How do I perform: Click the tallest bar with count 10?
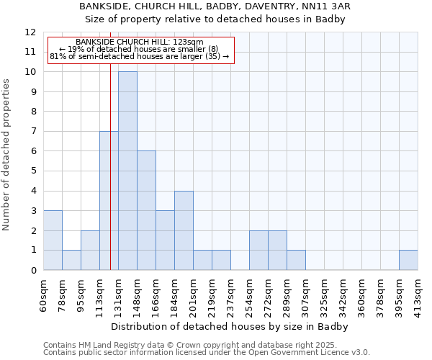(x=127, y=171)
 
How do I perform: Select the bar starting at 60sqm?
(x=53, y=240)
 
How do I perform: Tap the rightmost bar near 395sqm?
(x=408, y=260)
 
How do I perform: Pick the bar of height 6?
(x=146, y=210)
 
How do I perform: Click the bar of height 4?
(x=184, y=230)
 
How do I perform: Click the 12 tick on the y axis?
(x=30, y=32)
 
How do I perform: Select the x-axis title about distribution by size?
(x=230, y=327)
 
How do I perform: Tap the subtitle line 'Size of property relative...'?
(x=216, y=19)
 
